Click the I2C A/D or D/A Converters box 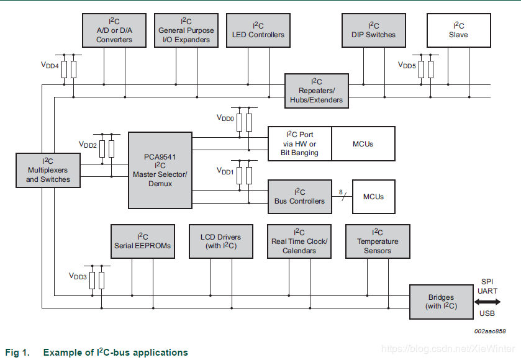click(x=114, y=30)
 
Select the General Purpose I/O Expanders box click(x=186, y=30)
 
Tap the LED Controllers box click(x=258, y=30)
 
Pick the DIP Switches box click(x=373, y=30)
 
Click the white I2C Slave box click(x=458, y=30)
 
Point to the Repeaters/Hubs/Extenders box click(x=316, y=91)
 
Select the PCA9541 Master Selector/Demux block click(x=160, y=170)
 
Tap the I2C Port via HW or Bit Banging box click(x=299, y=144)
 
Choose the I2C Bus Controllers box click(x=299, y=196)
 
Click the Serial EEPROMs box click(x=142, y=241)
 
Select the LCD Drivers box click(x=220, y=241)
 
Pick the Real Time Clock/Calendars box click(x=299, y=241)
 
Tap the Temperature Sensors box click(x=378, y=241)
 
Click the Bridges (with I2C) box click(x=442, y=302)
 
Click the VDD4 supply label click(x=50, y=65)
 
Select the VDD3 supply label click(x=78, y=276)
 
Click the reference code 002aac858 click(x=490, y=331)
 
